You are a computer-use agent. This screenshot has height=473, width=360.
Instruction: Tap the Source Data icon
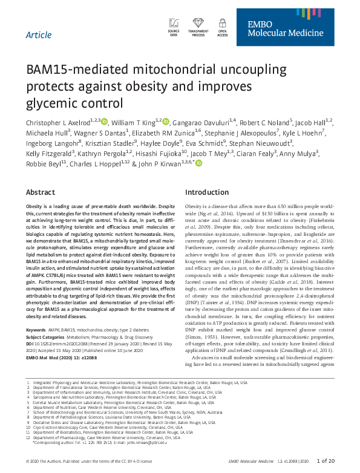[174, 27]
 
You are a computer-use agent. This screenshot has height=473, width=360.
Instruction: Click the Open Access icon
[222, 27]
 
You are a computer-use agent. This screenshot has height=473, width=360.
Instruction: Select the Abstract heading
[41, 192]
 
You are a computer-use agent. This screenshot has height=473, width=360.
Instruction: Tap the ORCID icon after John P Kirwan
[199, 164]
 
